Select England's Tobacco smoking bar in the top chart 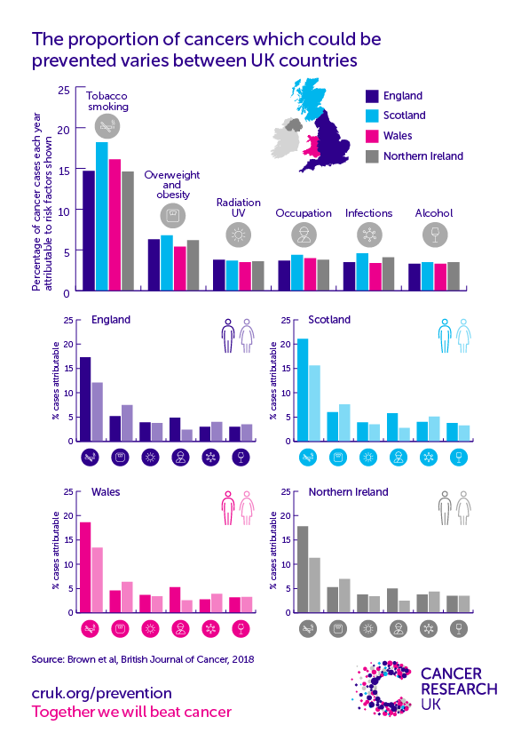[x=89, y=230]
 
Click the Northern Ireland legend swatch [x=373, y=156]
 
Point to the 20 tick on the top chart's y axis [x=61, y=130]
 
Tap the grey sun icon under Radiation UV [x=238, y=235]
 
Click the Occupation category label [x=304, y=213]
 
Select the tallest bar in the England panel [x=85, y=398]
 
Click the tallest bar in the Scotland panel [x=303, y=389]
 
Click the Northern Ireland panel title [x=348, y=491]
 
